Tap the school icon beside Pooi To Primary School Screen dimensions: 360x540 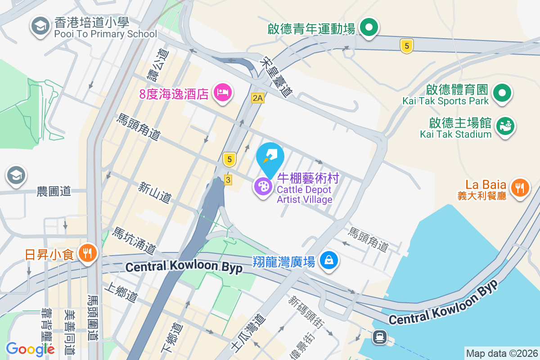pos(40,26)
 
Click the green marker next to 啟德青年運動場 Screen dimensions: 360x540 pos(369,28)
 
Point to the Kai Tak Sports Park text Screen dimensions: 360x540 pos(445,101)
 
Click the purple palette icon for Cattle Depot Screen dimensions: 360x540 pos(263,186)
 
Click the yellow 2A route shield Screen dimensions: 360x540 pos(257,98)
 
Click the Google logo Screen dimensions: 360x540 pos(30,349)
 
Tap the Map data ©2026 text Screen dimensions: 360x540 pos(501,353)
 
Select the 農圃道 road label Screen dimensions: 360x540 pos(54,191)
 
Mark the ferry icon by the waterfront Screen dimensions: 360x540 pos(380,337)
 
